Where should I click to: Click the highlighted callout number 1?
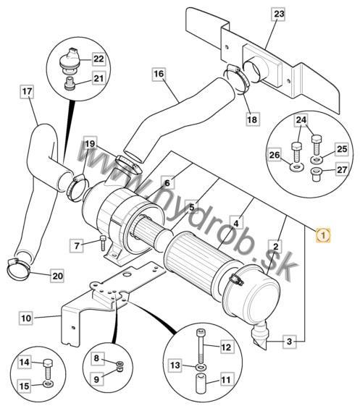(323, 235)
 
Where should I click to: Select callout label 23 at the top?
(279, 14)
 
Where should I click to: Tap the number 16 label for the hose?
(159, 74)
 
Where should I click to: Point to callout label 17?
(27, 91)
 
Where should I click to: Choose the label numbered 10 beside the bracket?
(26, 318)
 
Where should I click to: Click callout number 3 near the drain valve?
(290, 342)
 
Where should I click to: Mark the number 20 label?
(57, 276)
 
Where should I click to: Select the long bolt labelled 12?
(201, 346)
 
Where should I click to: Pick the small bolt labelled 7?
(103, 242)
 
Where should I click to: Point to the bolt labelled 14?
(47, 368)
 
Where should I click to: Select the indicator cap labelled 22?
(69, 60)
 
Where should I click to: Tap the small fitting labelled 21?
(70, 84)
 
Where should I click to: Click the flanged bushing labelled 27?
(316, 174)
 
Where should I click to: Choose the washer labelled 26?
(296, 167)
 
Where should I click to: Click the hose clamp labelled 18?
(237, 80)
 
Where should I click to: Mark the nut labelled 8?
(120, 363)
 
